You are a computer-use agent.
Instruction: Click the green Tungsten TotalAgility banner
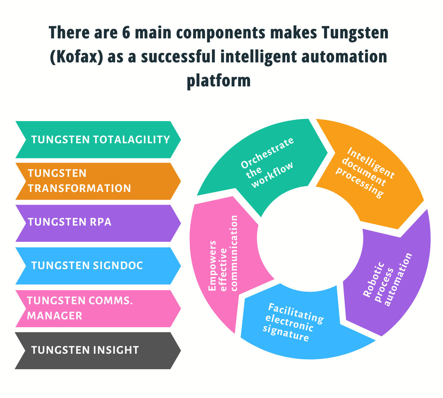(x=98, y=140)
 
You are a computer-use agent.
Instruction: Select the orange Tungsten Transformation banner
(x=98, y=181)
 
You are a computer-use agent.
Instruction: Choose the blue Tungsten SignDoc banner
(x=98, y=265)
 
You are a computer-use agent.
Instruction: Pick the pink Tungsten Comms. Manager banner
(x=98, y=308)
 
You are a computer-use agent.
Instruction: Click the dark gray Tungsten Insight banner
(x=98, y=350)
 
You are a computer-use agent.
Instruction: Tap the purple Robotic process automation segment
(x=388, y=281)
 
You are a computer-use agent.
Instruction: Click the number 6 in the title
(x=126, y=33)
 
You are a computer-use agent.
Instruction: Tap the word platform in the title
(x=219, y=80)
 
